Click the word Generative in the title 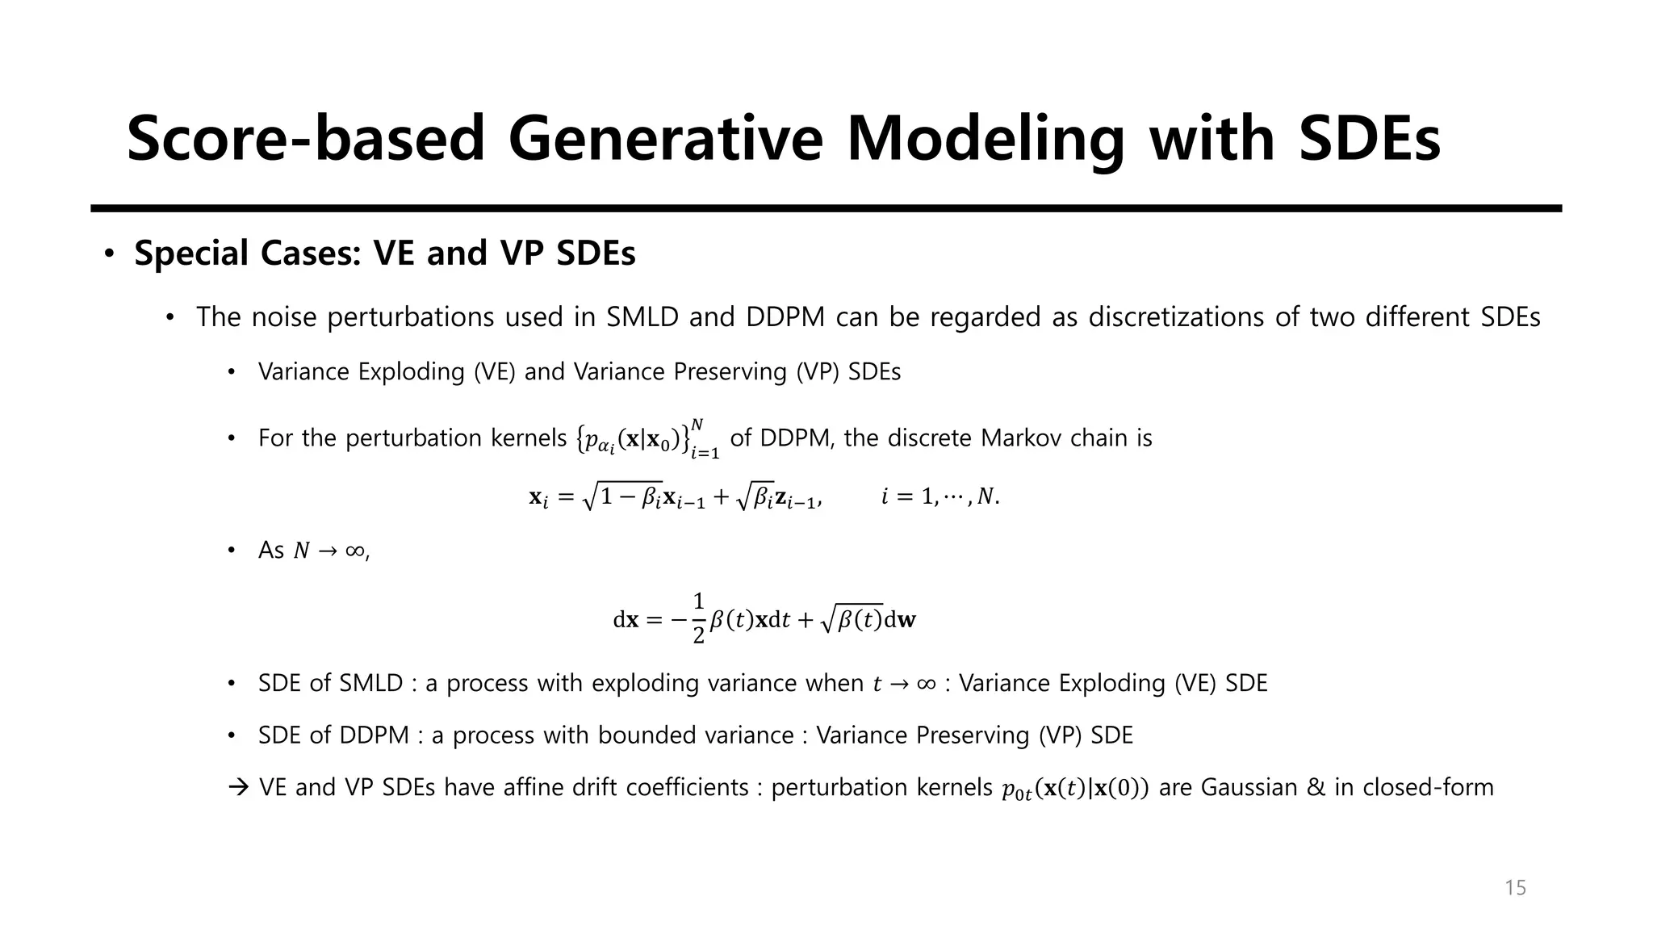[665, 139]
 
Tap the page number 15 [1515, 888]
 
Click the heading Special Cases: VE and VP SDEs [385, 253]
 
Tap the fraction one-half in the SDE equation [698, 619]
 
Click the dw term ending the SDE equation [901, 620]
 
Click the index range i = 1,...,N [940, 496]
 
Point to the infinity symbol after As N [354, 551]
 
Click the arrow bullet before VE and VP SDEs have [240, 787]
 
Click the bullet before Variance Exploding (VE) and [231, 372]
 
